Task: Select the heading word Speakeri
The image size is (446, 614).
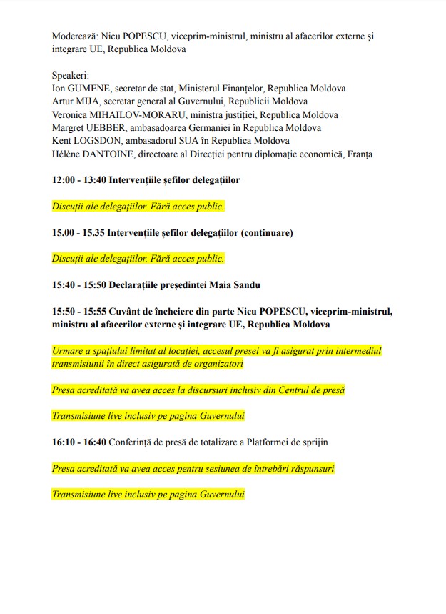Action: coord(71,76)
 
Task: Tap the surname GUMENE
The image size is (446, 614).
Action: coord(89,89)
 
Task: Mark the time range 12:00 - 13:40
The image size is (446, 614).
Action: coord(78,180)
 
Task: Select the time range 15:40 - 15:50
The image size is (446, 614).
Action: coord(78,284)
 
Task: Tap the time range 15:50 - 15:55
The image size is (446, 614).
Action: coord(78,312)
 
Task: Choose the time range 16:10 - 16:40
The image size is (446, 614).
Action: coord(78,442)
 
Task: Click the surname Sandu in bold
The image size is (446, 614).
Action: coord(245,284)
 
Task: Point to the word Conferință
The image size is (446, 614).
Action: coord(134,442)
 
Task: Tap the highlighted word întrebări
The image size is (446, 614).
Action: coord(270,469)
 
